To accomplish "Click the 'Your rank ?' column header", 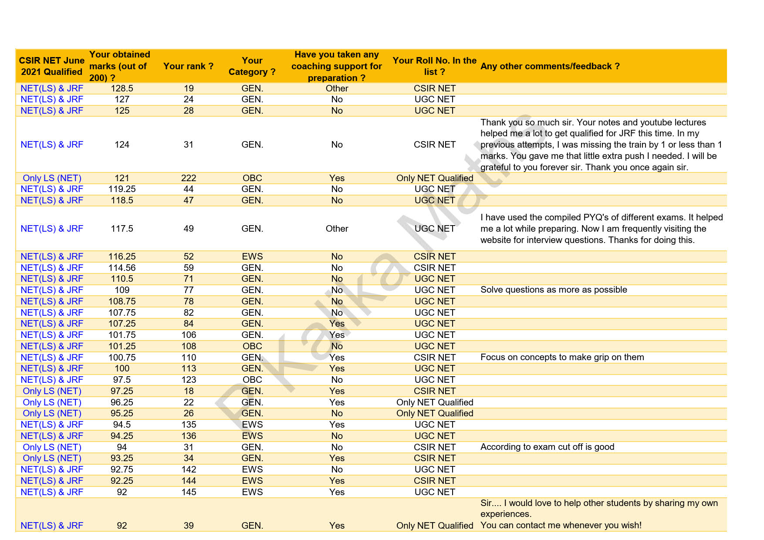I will [188, 66].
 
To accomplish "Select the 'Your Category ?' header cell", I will [252, 66].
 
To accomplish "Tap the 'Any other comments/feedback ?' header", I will [550, 66].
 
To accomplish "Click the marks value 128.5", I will [122, 88].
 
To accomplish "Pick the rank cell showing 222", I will [189, 178].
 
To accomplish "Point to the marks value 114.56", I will [122, 268].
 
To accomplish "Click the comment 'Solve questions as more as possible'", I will [554, 290].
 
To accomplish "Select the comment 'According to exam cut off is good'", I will [547, 447].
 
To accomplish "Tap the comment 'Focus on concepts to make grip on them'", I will [562, 357].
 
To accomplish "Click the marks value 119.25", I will [122, 189].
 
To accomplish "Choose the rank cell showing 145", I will [189, 492].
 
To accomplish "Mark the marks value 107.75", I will [122, 313].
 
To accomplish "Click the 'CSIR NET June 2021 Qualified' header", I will [52, 66].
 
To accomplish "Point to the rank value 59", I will [189, 268].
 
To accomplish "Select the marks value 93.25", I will [122, 458].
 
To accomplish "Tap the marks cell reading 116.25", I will [122, 256].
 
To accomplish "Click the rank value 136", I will [189, 436].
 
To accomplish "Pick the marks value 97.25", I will [122, 391].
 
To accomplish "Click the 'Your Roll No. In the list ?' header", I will [434, 66].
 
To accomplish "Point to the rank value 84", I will [189, 324].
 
